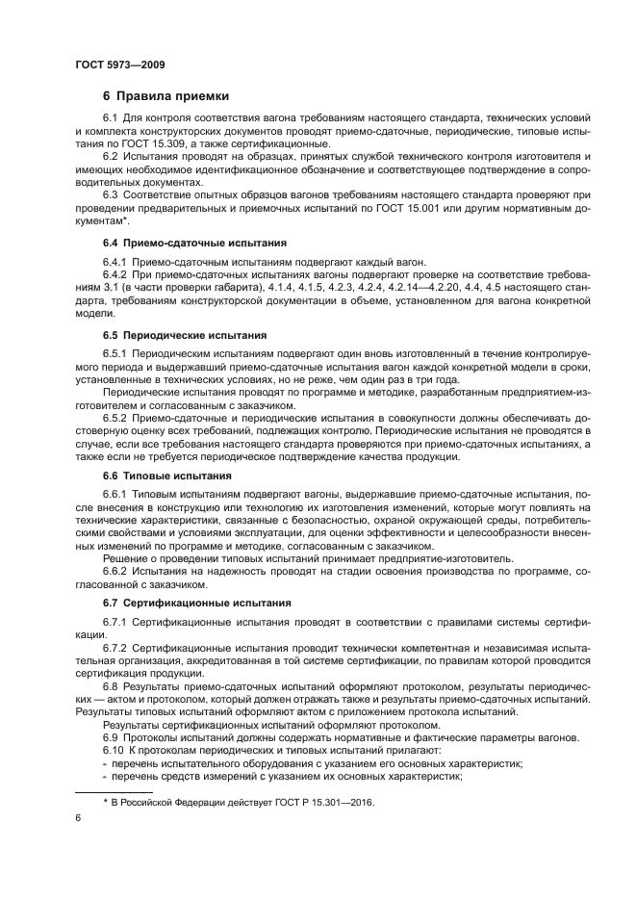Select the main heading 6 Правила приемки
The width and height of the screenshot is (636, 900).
click(165, 95)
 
